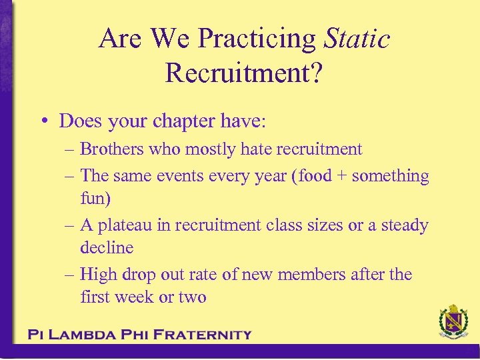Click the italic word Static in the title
(x=357, y=39)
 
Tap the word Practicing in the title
(x=258, y=39)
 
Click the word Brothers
(x=112, y=149)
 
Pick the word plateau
(x=126, y=225)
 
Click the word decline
(x=107, y=247)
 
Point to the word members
(x=310, y=274)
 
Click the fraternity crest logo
(x=453, y=323)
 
